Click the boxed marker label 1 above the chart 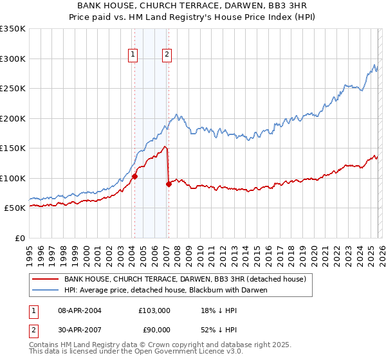tap(133, 55)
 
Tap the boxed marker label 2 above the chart tap(167, 55)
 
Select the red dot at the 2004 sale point tap(134, 176)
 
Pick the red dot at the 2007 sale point tap(169, 184)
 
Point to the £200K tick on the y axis tap(13, 118)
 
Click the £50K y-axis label tap(15, 208)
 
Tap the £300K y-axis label tap(13, 59)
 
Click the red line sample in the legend tap(45, 279)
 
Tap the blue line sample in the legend tap(45, 290)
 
